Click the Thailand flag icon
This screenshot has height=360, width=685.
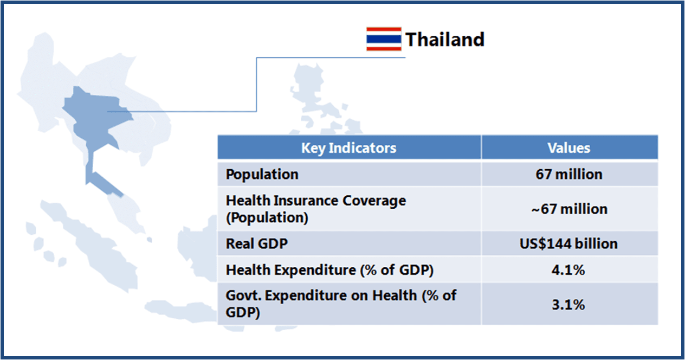point(384,39)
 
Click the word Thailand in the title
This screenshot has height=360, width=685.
point(445,40)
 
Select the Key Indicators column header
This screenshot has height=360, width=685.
point(349,148)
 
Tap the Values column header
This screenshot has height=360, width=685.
point(569,148)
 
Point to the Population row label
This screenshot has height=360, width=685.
point(262,175)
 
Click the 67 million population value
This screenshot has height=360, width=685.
point(569,175)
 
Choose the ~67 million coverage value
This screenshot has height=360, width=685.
point(569,209)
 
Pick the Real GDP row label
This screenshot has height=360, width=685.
point(256,244)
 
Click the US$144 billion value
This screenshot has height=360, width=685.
point(569,244)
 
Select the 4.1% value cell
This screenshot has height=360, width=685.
point(568,270)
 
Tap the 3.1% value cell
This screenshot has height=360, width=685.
point(568,305)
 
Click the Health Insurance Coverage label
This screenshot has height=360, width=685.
point(316,209)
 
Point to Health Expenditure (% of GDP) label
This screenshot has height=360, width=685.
point(329,270)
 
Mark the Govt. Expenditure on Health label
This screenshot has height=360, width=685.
point(341,304)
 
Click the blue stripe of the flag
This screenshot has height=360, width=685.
point(384,39)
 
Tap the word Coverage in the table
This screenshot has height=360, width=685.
point(374,201)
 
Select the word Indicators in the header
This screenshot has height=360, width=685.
point(363,148)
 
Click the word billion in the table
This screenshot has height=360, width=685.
point(596,244)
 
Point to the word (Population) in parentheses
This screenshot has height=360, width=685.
point(267,218)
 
